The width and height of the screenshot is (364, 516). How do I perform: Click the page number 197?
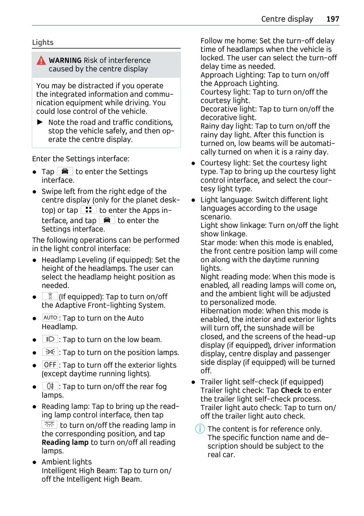coord(332,19)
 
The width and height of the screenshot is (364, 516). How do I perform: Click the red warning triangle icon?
coord(41,61)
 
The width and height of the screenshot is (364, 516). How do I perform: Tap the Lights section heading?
coord(43,42)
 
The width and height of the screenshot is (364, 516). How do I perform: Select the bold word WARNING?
coord(65,60)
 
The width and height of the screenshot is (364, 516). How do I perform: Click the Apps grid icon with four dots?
coord(89,210)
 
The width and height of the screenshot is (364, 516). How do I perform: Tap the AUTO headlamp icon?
coord(50,318)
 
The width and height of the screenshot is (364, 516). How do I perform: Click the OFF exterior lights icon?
coord(50,365)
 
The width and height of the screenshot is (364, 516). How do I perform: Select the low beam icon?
coord(50,339)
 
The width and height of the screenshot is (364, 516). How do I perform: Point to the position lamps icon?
coord(50,352)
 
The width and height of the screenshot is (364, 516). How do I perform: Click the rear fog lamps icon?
coord(50,386)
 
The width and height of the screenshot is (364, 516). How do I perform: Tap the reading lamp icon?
coord(49,424)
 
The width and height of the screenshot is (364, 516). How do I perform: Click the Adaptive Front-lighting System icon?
coord(50,296)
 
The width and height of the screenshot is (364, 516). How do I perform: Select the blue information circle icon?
coord(200,429)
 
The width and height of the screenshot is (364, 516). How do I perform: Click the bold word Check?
coord(291,390)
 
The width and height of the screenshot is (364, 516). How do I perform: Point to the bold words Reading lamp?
coord(65,442)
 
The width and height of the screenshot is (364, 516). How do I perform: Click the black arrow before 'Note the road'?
coord(40,122)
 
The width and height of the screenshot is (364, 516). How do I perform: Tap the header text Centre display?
coord(287,19)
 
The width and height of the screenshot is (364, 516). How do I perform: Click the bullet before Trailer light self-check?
coord(193,382)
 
